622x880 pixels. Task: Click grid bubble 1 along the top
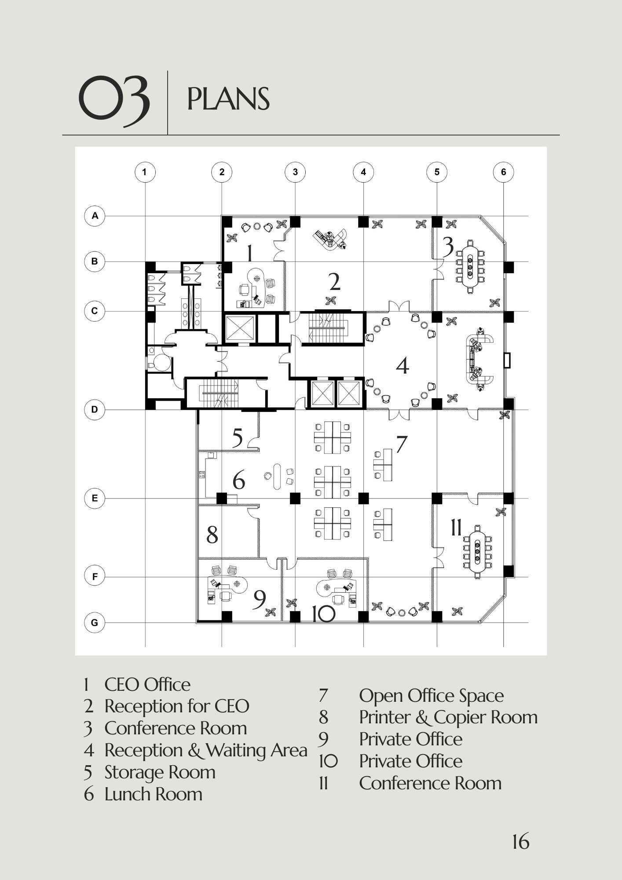click(145, 172)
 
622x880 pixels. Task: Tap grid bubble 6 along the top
click(504, 172)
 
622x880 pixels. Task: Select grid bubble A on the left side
click(95, 216)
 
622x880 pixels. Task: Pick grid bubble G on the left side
click(95, 623)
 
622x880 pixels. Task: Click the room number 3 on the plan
click(448, 247)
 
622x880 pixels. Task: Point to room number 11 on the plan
click(456, 528)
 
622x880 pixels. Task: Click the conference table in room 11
click(477, 551)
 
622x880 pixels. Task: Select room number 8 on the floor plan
click(212, 535)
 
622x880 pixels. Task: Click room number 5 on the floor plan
click(237, 438)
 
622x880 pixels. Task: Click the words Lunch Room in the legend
click(154, 794)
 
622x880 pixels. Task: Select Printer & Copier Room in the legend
click(448, 717)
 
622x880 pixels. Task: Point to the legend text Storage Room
click(160, 772)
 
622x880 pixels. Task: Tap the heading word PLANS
click(228, 99)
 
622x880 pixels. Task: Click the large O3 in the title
click(114, 99)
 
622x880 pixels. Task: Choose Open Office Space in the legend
click(432, 695)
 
